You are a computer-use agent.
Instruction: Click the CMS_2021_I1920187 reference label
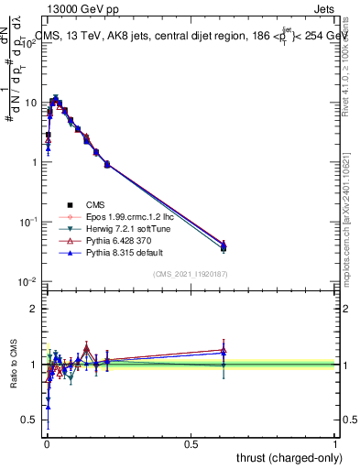[x=191, y=274]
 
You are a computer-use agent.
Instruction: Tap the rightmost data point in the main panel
[x=224, y=245]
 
